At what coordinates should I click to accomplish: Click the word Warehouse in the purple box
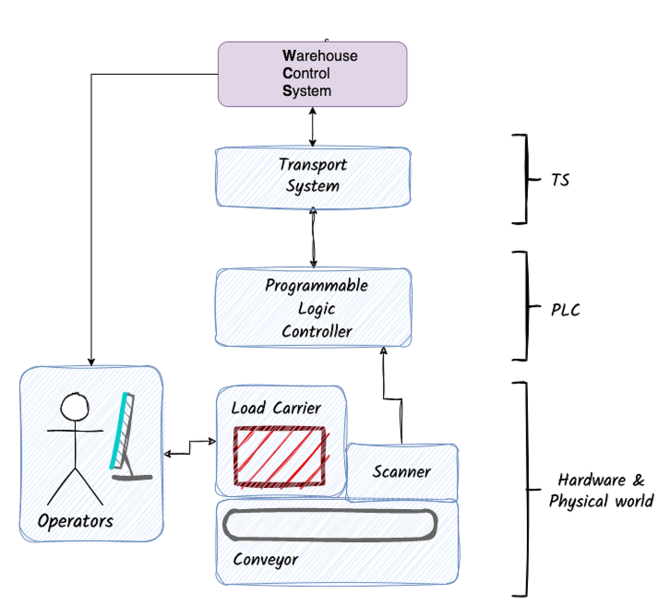(x=320, y=56)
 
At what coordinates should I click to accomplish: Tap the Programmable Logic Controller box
(x=313, y=308)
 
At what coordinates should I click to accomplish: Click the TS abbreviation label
(x=560, y=180)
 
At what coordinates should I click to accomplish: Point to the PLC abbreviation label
(x=565, y=310)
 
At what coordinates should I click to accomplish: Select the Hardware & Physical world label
(x=600, y=490)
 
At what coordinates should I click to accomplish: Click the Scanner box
(x=402, y=472)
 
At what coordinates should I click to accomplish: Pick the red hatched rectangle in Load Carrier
(x=280, y=456)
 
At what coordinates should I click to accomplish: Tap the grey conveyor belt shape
(x=330, y=525)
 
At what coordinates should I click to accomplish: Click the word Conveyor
(x=266, y=559)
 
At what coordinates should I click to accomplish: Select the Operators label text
(x=75, y=521)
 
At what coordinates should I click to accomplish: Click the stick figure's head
(x=75, y=407)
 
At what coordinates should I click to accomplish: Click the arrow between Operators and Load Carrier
(x=190, y=448)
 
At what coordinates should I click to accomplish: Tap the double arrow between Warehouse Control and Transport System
(x=313, y=127)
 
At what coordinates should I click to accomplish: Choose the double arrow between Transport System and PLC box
(x=313, y=238)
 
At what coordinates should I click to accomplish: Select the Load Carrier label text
(x=276, y=408)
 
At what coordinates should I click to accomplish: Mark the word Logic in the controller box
(x=317, y=309)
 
